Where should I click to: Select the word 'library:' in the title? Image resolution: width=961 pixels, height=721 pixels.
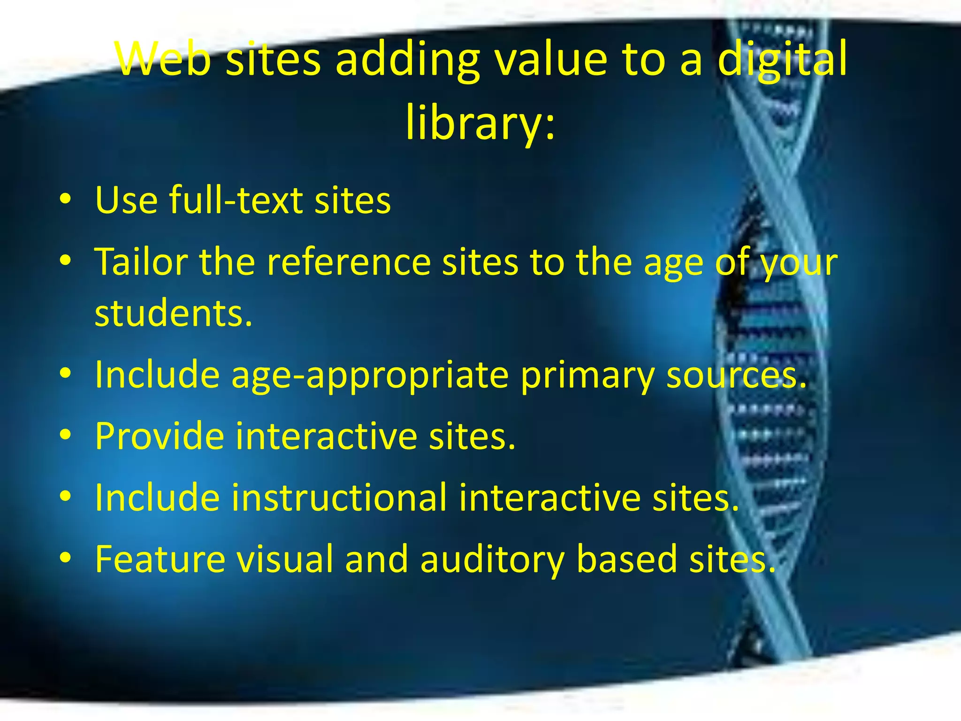tap(480, 123)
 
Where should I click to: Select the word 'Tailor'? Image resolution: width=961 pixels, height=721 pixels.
tap(141, 261)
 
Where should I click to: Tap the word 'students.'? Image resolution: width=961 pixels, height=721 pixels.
tap(174, 314)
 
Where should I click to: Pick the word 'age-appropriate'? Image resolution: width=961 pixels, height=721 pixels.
tap(370, 376)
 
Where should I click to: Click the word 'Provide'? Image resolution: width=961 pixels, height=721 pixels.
tap(160, 436)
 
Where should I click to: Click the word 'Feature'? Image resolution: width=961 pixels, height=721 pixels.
tap(160, 559)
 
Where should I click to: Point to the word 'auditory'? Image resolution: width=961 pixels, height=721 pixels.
tap(492, 559)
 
